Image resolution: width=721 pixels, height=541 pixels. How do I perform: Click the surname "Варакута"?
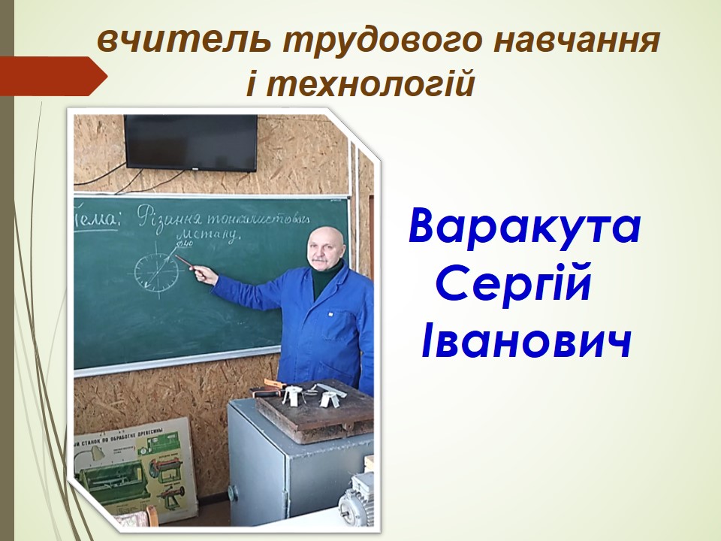(x=524, y=228)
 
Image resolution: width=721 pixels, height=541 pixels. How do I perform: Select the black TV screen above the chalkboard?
(x=190, y=142)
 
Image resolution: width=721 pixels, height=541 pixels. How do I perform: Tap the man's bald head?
(x=325, y=242)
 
